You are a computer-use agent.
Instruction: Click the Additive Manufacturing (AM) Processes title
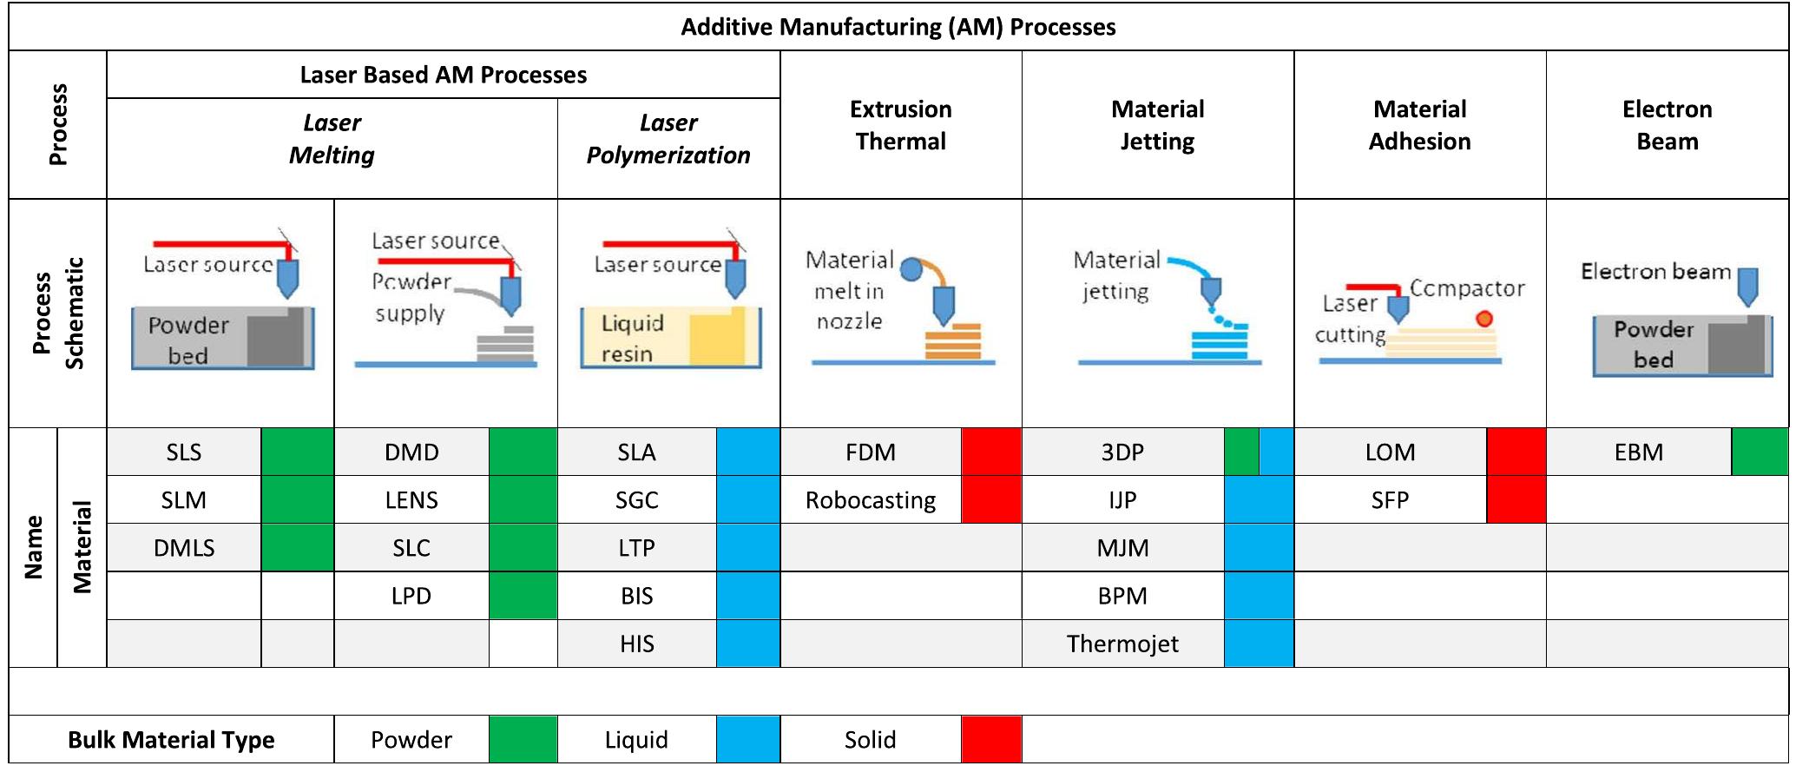point(898,27)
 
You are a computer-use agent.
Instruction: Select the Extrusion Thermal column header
point(900,125)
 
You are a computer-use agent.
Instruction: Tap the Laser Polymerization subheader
point(668,139)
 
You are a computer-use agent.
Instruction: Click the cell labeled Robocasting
point(870,500)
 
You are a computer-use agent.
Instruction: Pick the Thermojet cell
point(1122,644)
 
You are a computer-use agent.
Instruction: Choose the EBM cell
point(1638,452)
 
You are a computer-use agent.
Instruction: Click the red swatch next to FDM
point(990,452)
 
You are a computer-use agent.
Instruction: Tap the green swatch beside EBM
point(1759,452)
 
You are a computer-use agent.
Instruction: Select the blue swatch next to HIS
point(747,644)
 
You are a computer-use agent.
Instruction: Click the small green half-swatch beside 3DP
point(1240,452)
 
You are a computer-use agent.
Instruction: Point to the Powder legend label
point(411,740)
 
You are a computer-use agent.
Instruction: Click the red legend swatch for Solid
point(990,740)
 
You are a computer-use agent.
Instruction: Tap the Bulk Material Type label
point(171,740)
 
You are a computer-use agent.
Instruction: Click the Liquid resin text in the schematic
point(632,338)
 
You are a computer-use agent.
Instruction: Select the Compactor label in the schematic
point(1466,288)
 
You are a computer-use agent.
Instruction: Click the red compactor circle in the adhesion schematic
point(1484,319)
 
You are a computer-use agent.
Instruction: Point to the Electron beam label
point(1654,272)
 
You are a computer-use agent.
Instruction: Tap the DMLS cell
point(183,548)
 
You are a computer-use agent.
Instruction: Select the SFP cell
point(1389,500)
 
